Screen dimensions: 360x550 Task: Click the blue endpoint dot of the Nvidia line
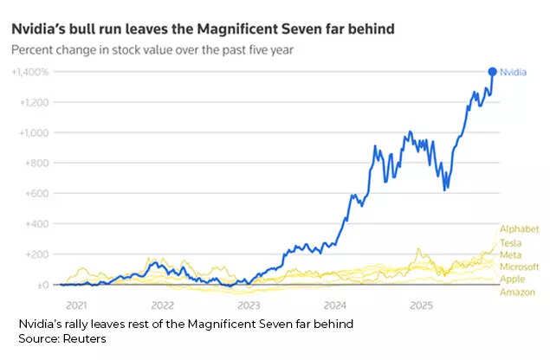click(x=493, y=72)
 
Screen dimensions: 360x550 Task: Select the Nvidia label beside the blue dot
click(x=514, y=73)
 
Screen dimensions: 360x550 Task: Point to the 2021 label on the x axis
click(x=76, y=305)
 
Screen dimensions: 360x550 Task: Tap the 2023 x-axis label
click(x=249, y=305)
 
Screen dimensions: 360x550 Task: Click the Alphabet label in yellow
click(x=517, y=228)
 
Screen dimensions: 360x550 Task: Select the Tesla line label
click(x=511, y=241)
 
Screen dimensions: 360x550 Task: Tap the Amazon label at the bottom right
click(x=516, y=292)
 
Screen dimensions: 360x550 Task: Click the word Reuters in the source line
click(x=86, y=338)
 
